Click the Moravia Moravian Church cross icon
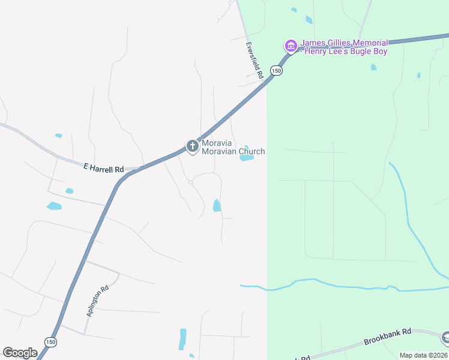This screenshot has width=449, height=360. coord(192,146)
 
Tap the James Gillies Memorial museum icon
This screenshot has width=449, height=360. coord(291,46)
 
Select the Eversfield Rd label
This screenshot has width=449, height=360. coord(255,61)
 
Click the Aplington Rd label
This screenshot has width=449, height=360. coord(97,301)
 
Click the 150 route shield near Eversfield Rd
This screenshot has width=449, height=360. coord(276,70)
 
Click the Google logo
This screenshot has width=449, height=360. coord(20,353)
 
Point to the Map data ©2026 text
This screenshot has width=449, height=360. coord(424,355)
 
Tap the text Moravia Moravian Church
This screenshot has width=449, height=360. coord(233,147)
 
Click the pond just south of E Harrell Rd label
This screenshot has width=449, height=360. coord(69,191)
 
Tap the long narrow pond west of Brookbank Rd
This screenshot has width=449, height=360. coord(182,339)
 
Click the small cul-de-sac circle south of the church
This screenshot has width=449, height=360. coord(190,182)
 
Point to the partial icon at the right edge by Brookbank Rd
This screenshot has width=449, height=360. coord(445,338)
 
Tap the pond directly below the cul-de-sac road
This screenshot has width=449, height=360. coord(217,206)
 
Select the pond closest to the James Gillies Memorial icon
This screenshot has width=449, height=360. coord(309,19)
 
